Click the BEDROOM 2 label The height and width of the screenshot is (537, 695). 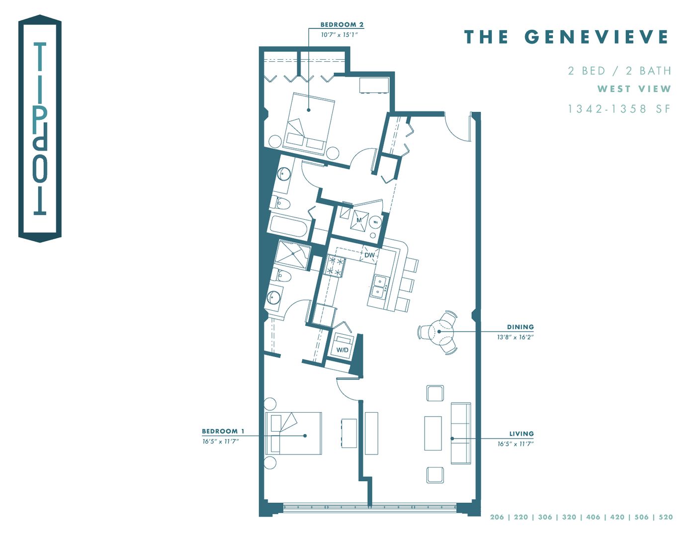342,24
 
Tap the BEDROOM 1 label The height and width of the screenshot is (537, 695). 223,431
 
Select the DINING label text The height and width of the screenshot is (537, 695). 520,327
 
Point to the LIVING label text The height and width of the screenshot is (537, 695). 521,434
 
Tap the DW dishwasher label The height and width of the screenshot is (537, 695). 369,255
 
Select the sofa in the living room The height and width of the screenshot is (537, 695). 461,433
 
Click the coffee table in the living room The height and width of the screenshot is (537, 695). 433,433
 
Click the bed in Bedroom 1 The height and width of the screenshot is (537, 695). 293,433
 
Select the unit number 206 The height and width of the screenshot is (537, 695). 497,517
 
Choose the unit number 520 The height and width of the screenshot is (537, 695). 665,517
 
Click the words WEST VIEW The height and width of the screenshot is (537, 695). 634,89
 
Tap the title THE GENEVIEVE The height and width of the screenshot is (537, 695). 566,37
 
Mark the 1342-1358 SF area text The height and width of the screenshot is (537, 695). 619,109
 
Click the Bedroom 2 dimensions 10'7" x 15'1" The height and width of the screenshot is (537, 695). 339,35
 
